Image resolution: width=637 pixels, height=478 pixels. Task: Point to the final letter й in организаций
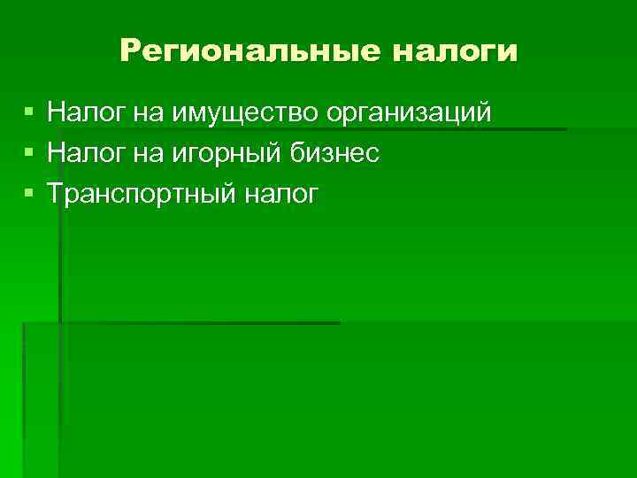click(x=483, y=112)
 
